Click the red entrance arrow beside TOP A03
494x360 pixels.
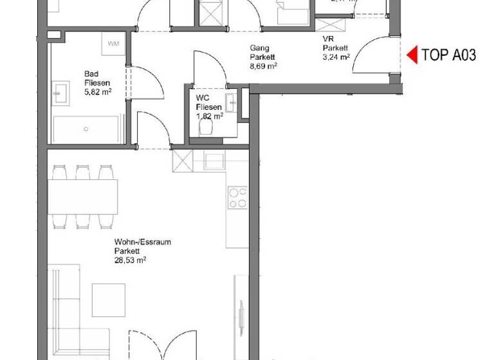[x=412, y=55]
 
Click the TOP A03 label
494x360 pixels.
[x=448, y=55]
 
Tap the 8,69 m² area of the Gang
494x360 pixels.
[x=263, y=65]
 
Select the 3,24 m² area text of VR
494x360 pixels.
[x=336, y=57]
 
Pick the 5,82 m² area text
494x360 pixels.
[x=97, y=92]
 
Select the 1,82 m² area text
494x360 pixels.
[x=210, y=116]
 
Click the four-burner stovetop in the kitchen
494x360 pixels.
[x=238, y=197]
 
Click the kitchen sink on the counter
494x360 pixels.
[x=214, y=160]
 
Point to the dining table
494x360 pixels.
[x=82, y=195]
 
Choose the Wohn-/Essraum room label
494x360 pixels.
[x=138, y=242]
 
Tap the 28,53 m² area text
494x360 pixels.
[x=131, y=260]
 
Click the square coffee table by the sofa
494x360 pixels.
[x=109, y=300]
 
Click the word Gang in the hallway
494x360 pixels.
[x=260, y=48]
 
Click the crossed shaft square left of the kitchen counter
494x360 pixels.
[x=183, y=160]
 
